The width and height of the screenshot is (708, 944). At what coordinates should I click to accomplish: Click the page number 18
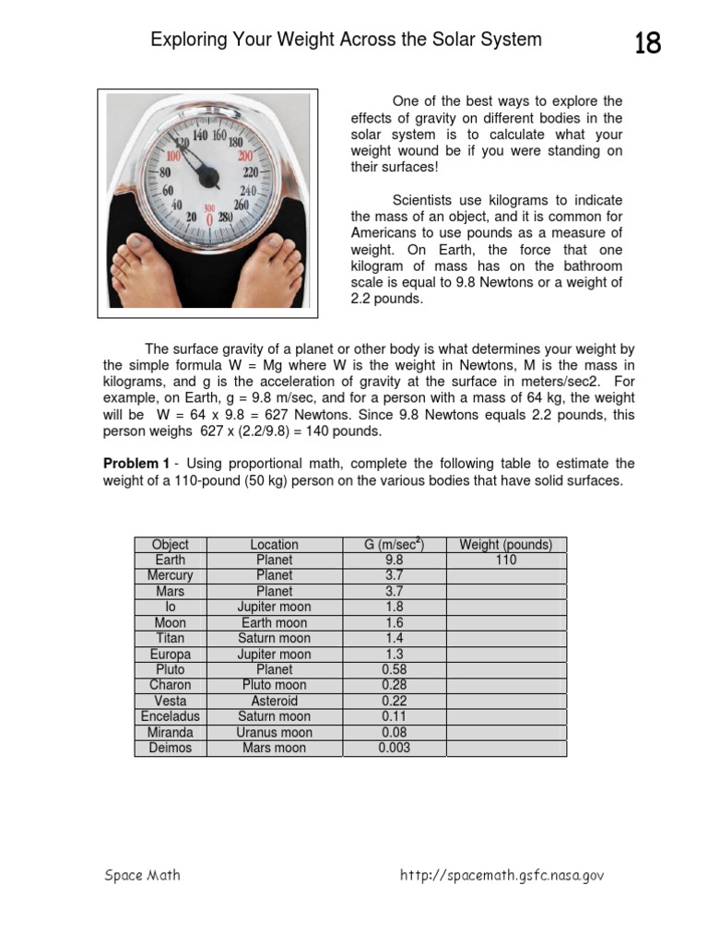tap(647, 42)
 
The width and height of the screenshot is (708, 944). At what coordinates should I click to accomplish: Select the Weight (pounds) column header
tap(506, 545)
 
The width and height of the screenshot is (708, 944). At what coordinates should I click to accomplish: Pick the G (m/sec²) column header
tap(395, 545)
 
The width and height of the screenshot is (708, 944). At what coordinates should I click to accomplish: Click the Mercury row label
tap(171, 575)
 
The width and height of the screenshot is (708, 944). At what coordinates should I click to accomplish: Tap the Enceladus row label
tap(171, 716)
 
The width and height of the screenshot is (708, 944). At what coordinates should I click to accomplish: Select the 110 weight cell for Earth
tap(506, 560)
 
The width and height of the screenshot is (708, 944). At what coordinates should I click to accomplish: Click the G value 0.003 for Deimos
tap(395, 748)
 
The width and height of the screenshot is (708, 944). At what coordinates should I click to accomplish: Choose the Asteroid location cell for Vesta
tap(275, 701)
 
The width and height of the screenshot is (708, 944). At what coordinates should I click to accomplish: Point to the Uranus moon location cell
tap(275, 732)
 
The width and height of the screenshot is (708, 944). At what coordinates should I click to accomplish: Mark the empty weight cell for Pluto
tap(506, 669)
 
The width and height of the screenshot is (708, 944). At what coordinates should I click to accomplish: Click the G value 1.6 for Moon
tap(395, 622)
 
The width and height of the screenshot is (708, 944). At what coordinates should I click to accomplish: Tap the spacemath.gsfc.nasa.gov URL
tap(501, 876)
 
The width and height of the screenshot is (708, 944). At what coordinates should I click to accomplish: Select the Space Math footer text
tap(142, 876)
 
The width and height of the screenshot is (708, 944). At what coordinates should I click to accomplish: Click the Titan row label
tap(171, 638)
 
